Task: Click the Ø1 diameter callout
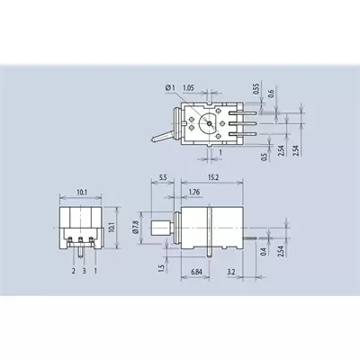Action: [x=169, y=88]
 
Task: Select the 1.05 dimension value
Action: [x=188, y=88]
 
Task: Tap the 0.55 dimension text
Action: [x=256, y=89]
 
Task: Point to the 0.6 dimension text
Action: [x=272, y=94]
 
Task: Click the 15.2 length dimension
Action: [x=212, y=177]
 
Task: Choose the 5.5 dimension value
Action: [x=163, y=177]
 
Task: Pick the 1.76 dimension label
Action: [x=194, y=192]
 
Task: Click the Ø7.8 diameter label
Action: [x=135, y=227]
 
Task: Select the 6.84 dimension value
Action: [x=196, y=272]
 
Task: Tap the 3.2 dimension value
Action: [x=231, y=272]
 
